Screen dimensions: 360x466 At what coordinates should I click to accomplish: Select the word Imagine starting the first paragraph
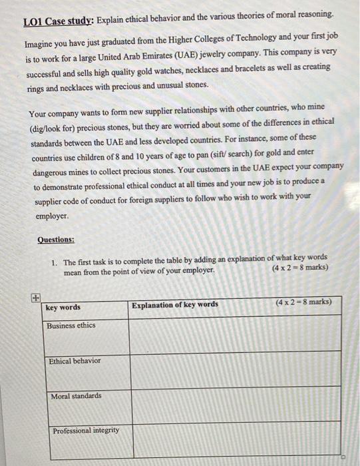tap(41, 44)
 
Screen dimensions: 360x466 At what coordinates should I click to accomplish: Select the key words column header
tap(63, 308)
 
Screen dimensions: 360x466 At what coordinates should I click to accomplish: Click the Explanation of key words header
tap(174, 305)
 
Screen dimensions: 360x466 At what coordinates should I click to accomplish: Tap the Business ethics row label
tap(71, 326)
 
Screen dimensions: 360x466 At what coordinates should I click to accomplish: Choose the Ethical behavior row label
tap(75, 361)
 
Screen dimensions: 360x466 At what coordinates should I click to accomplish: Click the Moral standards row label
tap(76, 396)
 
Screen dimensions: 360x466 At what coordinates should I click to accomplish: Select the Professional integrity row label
tap(86, 431)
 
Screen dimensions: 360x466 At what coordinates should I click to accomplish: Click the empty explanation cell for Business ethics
tap(234, 336)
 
